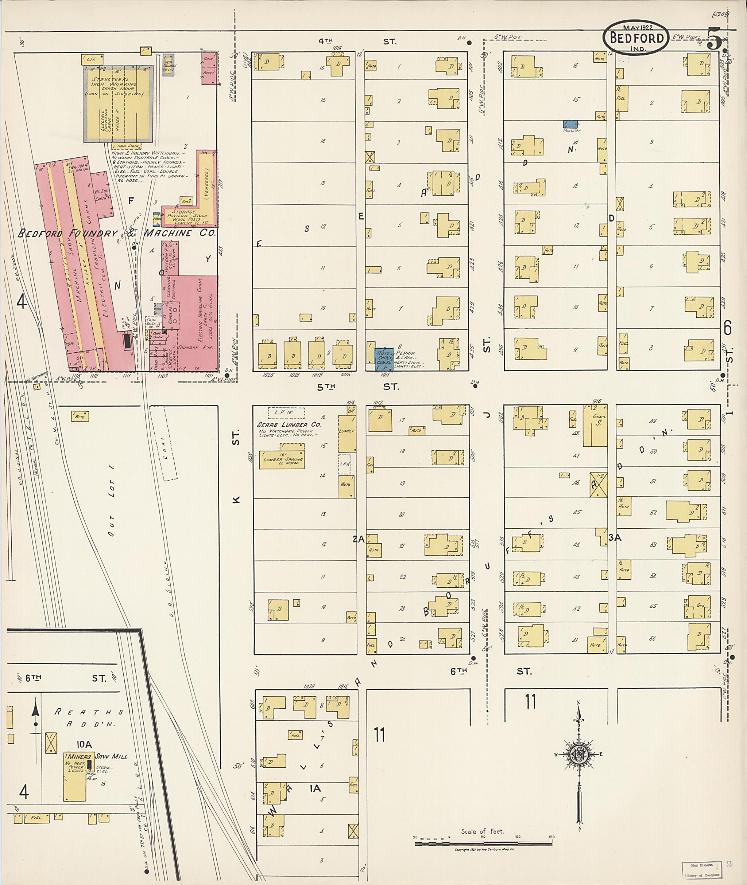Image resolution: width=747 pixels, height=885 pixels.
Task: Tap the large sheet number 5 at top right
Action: pos(715,39)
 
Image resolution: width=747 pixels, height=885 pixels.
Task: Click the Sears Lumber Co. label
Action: pos(289,424)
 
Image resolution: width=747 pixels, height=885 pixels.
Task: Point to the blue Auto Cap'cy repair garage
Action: pos(384,359)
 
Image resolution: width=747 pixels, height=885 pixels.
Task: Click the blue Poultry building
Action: pos(571,124)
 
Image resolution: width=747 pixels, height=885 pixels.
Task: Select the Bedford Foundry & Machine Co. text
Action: pos(116,233)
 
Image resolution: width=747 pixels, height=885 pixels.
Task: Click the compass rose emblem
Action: pos(578,755)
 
